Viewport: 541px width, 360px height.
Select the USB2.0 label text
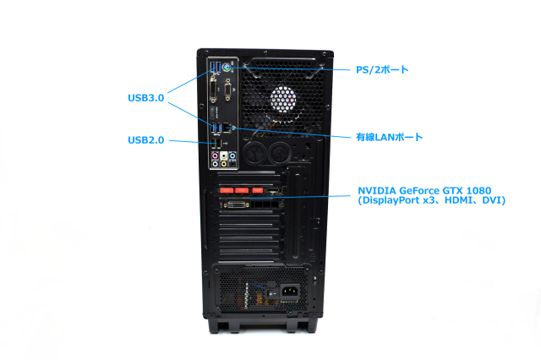145,139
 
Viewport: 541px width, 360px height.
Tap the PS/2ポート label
381,69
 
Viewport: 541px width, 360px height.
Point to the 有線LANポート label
388,136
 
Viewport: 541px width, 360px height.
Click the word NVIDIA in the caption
379,190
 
